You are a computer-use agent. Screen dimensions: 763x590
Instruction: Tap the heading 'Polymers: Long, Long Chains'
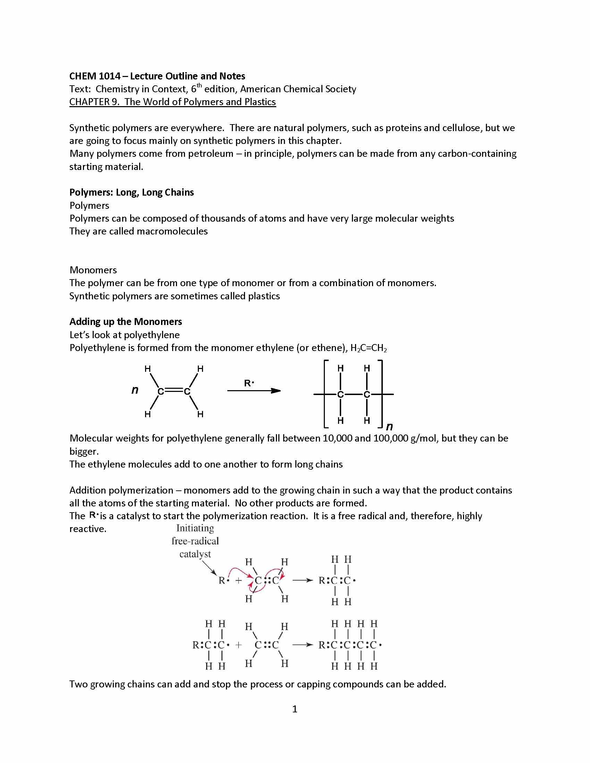pyautogui.click(x=132, y=192)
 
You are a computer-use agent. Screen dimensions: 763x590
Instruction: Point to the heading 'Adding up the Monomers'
pyautogui.click(x=126, y=322)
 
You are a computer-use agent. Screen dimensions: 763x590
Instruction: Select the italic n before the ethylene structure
pyautogui.click(x=135, y=390)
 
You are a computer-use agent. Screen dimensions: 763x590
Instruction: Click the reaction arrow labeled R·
pyautogui.click(x=254, y=390)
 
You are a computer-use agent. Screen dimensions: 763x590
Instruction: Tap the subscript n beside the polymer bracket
pyautogui.click(x=389, y=426)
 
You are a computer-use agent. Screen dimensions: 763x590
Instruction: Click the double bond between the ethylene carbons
pyautogui.click(x=174, y=391)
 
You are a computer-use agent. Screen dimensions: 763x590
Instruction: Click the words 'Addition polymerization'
pyautogui.click(x=121, y=490)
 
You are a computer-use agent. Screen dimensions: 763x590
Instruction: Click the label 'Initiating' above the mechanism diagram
pyautogui.click(x=195, y=528)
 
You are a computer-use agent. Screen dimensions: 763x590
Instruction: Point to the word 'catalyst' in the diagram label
pyautogui.click(x=195, y=554)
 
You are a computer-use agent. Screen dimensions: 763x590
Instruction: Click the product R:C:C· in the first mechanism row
pyautogui.click(x=337, y=581)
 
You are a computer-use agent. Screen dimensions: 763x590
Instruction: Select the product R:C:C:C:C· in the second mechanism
pyautogui.click(x=349, y=645)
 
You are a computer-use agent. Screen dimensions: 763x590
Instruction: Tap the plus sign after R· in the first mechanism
pyautogui.click(x=238, y=581)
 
